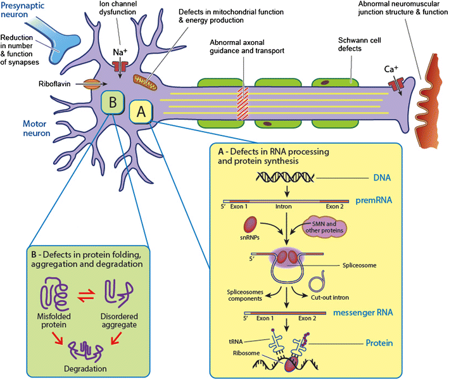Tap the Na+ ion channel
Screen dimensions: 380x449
(120, 66)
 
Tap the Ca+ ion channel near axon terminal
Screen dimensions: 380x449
(399, 83)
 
